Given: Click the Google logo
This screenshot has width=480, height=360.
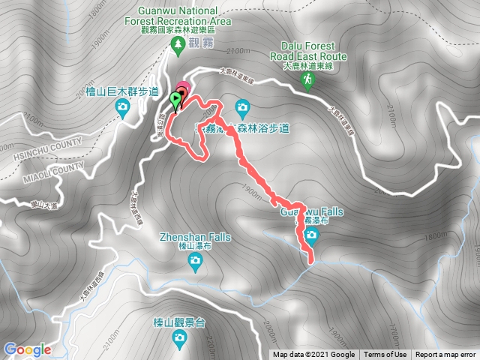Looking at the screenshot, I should pos(27,349).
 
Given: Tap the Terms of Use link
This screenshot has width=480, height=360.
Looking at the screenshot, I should pos(385,355).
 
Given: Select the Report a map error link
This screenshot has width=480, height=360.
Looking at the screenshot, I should pos(445,355).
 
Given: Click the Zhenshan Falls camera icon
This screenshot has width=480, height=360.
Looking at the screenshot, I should pos(195,260).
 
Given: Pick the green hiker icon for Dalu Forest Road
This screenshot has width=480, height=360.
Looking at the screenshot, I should pos(307,79).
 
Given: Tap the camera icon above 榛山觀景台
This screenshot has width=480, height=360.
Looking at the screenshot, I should pos(178,338).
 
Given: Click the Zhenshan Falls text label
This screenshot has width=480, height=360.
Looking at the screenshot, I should pos(194,238).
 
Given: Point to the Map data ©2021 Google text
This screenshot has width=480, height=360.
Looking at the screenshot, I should pos(313,355).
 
